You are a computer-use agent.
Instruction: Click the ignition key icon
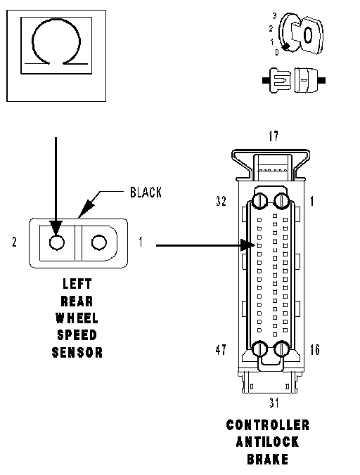(x=301, y=34)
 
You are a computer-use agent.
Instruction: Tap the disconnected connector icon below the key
(x=294, y=80)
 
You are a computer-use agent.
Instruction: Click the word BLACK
(x=146, y=193)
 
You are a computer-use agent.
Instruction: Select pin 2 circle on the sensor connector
(x=57, y=242)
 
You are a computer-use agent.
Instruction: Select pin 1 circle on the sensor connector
(x=98, y=242)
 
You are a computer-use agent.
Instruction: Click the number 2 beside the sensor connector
(x=14, y=242)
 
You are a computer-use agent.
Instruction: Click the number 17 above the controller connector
(x=274, y=136)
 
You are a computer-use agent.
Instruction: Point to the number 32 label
(x=221, y=201)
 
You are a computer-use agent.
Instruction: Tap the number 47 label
(x=221, y=350)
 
